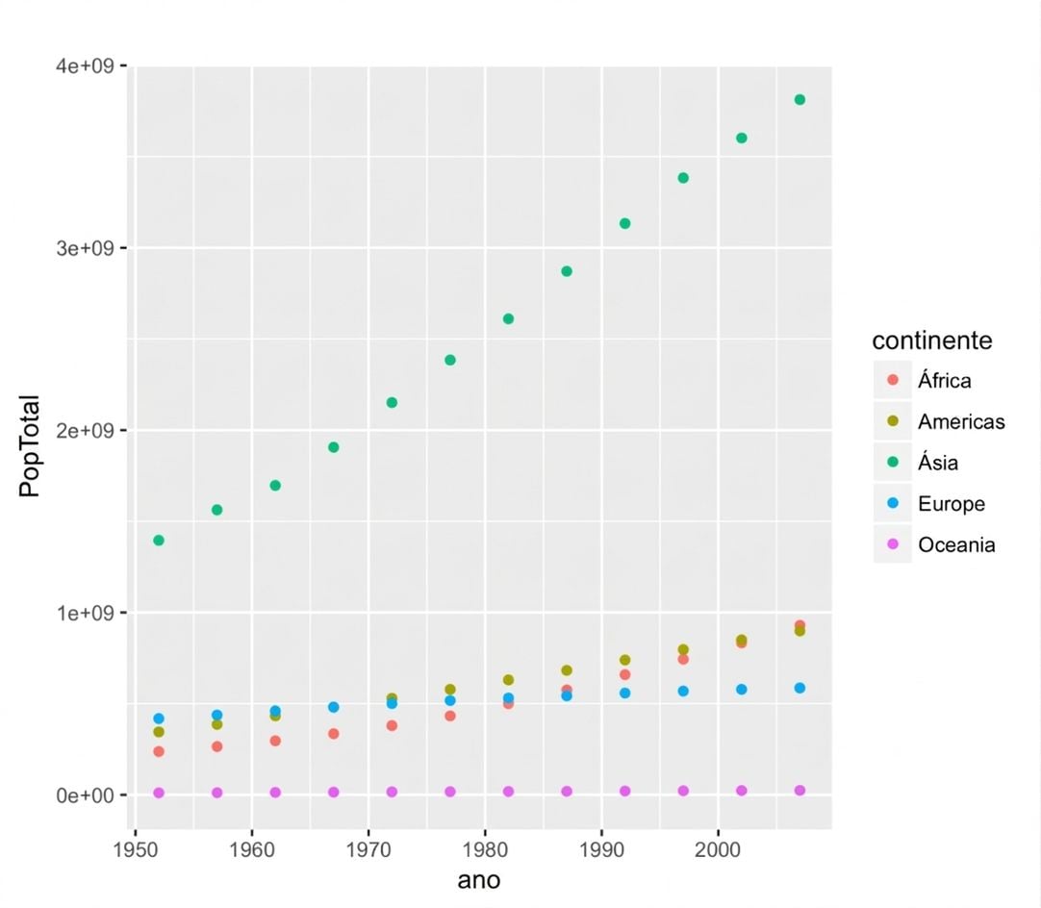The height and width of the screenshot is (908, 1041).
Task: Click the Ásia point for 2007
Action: point(800,100)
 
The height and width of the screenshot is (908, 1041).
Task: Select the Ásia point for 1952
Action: point(159,541)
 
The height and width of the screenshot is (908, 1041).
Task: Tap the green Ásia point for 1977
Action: point(450,360)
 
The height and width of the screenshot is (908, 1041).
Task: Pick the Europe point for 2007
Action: point(800,689)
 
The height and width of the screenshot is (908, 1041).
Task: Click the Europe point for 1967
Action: point(333,708)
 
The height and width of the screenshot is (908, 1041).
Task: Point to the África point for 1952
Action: point(159,751)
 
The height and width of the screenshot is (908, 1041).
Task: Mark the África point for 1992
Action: point(624,674)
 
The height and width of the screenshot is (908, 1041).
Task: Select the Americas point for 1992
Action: point(624,660)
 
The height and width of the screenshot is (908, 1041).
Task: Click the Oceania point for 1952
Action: point(159,793)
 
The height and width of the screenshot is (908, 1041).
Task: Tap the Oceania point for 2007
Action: point(800,791)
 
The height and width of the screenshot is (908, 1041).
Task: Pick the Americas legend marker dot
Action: point(893,420)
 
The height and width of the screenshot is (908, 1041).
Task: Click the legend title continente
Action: point(932,340)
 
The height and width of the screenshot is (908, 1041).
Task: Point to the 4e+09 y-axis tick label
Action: point(86,66)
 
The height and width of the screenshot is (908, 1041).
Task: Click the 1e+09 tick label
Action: point(86,613)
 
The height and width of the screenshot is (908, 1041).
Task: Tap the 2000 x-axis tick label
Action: point(719,850)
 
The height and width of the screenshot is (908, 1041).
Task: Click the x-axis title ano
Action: point(479,881)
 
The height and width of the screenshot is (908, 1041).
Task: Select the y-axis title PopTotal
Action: point(30,446)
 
